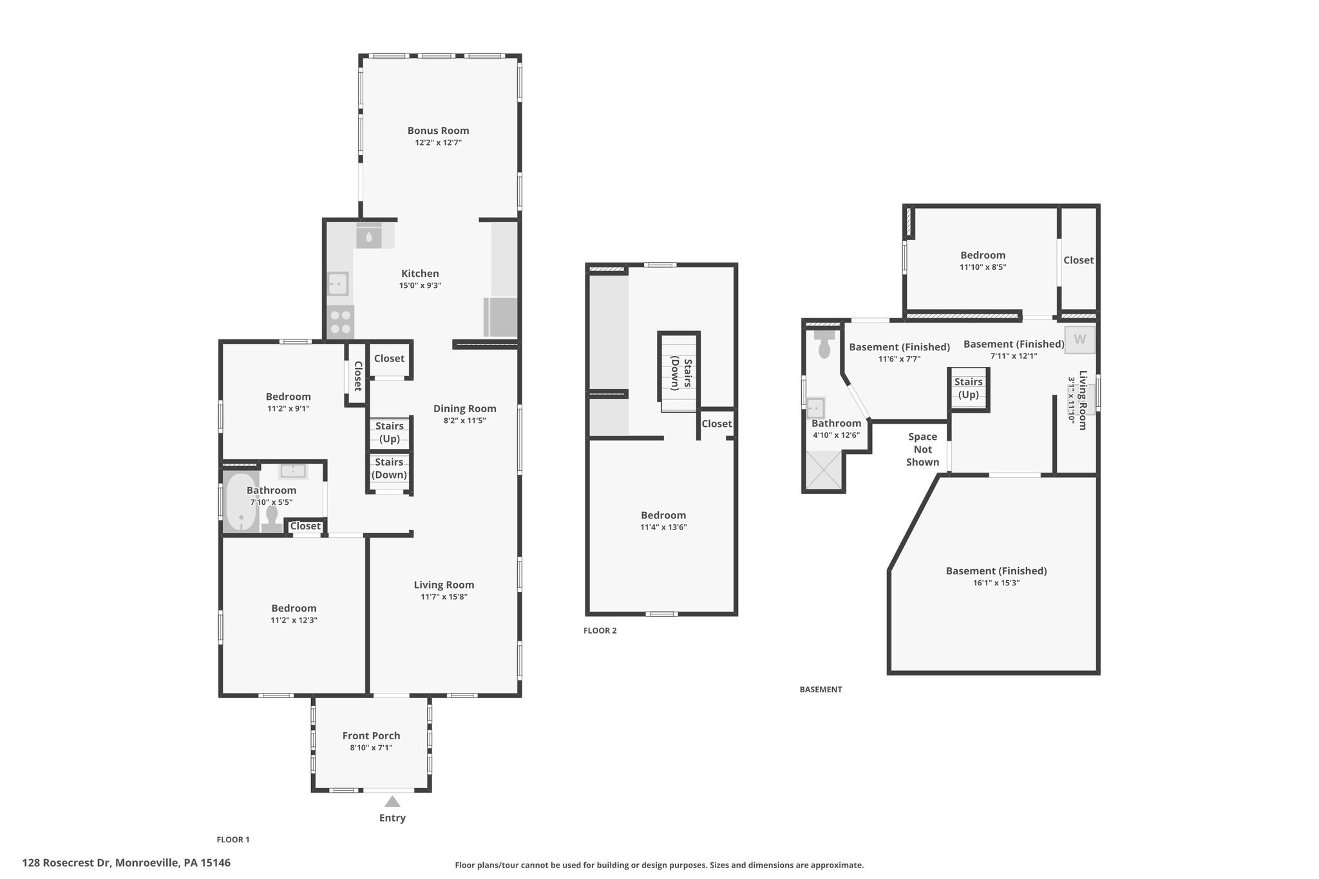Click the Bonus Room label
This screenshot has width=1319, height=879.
point(438,131)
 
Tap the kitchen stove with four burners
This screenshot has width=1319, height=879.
point(340,322)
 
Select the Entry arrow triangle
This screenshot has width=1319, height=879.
point(392,802)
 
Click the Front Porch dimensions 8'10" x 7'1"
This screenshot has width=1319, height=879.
point(371,748)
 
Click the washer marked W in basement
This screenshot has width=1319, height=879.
point(1079,339)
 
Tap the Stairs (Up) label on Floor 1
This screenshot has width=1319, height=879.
point(390,432)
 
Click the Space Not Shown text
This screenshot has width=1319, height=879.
point(922,449)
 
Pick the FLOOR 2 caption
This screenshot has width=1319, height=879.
point(600,630)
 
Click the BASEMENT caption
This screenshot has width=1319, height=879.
point(821,689)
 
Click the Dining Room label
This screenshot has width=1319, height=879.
point(464,408)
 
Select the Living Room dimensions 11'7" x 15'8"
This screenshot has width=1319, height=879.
point(444,597)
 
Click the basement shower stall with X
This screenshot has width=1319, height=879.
point(823,471)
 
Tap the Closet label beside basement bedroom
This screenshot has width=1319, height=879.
point(1078,260)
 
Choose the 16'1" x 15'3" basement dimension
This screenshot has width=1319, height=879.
point(996,583)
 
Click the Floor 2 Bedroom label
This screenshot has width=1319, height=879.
point(663,515)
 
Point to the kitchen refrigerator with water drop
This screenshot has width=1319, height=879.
point(369,235)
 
